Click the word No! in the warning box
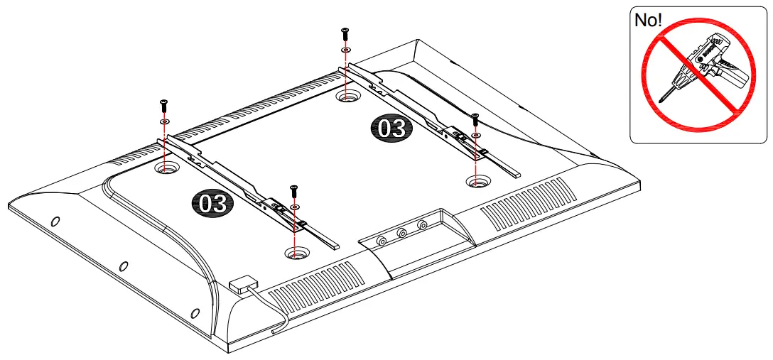tap(649, 20)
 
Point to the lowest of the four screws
tap(294, 190)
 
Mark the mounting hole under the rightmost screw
tap(477, 182)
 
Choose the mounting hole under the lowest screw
tap(296, 252)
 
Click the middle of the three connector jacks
tap(402, 232)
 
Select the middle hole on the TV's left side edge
tap(123, 266)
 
